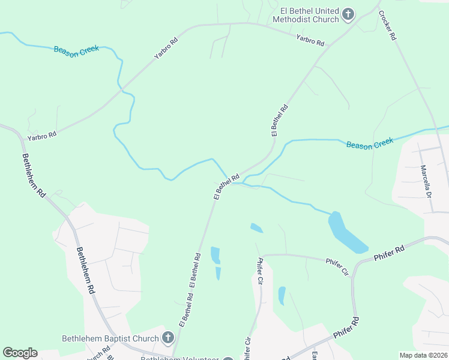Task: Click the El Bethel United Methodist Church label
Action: click(x=306, y=15)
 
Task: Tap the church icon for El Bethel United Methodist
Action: click(x=348, y=14)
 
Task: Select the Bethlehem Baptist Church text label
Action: click(x=110, y=338)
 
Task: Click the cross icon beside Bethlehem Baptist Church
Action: click(x=168, y=338)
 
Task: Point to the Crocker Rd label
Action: click(x=388, y=26)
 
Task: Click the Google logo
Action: click(x=20, y=353)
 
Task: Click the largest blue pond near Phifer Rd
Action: click(x=346, y=233)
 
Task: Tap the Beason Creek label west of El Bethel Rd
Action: click(x=76, y=50)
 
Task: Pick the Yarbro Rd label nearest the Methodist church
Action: click(x=310, y=41)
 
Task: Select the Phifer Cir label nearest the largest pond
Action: click(x=337, y=266)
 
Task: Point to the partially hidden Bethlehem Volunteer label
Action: click(x=180, y=358)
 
